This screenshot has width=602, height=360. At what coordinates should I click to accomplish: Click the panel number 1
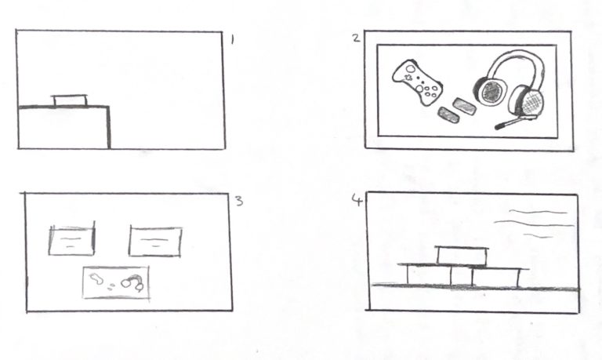[232, 39]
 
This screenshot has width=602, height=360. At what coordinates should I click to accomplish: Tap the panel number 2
[357, 38]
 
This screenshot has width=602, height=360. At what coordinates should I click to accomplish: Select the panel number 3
[239, 201]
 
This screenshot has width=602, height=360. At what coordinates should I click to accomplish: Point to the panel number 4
[357, 200]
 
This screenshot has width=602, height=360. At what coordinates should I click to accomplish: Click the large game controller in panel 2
[417, 82]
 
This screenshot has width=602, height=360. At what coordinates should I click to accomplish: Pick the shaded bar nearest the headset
[465, 107]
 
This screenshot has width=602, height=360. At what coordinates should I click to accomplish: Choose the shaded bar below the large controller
[449, 115]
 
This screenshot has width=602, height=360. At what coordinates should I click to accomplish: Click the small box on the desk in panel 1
[70, 100]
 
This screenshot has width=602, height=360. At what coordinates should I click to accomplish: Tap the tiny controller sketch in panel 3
[96, 278]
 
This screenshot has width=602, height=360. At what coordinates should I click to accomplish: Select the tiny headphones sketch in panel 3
[132, 282]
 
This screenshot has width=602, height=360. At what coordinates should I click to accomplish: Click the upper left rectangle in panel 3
[72, 241]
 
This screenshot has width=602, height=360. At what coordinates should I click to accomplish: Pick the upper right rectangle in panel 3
[155, 242]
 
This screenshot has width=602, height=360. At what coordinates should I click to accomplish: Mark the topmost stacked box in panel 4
[462, 255]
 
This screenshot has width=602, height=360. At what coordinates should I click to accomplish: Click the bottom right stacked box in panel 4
[495, 278]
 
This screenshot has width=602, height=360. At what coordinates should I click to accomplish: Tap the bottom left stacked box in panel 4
[430, 275]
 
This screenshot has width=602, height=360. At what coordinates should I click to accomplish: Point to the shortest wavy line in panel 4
[539, 236]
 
